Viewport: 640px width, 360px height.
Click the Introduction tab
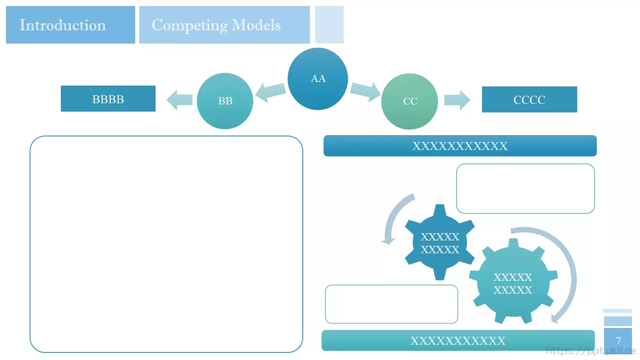pos(70,25)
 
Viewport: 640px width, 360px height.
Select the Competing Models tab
pos(224,25)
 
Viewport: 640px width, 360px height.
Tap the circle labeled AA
pos(318,79)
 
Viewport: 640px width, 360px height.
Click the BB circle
pos(225,101)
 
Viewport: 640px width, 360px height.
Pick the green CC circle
pos(410,102)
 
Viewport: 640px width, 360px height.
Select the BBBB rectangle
pos(108,98)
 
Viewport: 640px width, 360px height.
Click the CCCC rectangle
pos(530,100)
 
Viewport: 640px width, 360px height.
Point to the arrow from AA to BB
pos(270,92)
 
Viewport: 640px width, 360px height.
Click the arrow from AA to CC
pos(366,92)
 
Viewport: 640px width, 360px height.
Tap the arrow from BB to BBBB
pos(180,100)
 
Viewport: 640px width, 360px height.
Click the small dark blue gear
pos(440,242)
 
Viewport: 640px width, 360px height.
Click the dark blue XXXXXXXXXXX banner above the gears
pos(460,146)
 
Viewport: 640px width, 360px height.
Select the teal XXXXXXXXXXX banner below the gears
pos(458,340)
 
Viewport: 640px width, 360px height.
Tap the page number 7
pos(618,340)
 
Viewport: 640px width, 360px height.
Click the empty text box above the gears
pos(526,188)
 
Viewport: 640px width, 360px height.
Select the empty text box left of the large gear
pos(392,304)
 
